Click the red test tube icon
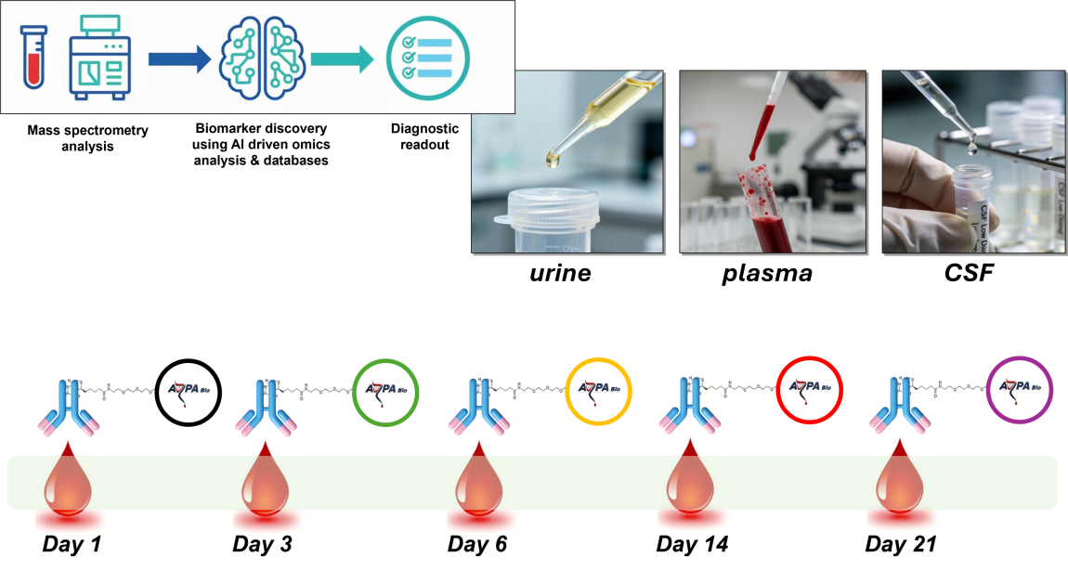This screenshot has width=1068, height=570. coord(33,58)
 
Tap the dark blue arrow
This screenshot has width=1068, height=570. coord(179,59)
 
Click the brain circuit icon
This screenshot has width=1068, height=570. coord(262,58)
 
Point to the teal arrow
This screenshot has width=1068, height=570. coord(342,59)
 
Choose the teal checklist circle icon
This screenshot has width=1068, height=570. coord(427,59)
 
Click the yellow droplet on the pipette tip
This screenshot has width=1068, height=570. coord(554,160)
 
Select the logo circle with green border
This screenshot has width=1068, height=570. coord(386,390)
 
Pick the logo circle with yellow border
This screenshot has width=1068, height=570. coord(599,390)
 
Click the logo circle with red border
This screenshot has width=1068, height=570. coord(810,390)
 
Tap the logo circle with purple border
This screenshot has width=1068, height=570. coord(1020,390)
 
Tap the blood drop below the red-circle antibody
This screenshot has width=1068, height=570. coord(692,485)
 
